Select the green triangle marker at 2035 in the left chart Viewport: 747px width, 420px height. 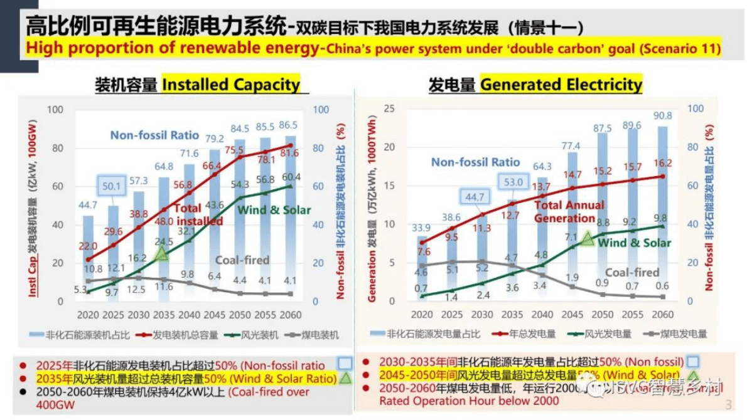pyautogui.click(x=162, y=254)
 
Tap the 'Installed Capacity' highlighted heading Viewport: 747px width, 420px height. pyautogui.click(x=231, y=85)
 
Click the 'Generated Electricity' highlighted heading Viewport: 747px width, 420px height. pyautogui.click(x=561, y=85)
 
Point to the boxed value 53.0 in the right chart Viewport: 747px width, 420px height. pyautogui.click(x=513, y=182)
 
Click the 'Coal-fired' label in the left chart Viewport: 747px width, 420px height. pyautogui.click(x=242, y=260)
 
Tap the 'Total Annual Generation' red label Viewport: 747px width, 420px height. pyautogui.click(x=569, y=211)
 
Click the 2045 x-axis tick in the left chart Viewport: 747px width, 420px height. pyautogui.click(x=214, y=315)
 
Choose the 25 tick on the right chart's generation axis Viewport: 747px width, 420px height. pyautogui.click(x=389, y=109)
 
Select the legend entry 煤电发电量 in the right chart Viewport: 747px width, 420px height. pyautogui.click(x=680, y=334)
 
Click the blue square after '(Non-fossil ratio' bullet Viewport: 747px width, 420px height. pyautogui.click(x=344, y=363)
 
